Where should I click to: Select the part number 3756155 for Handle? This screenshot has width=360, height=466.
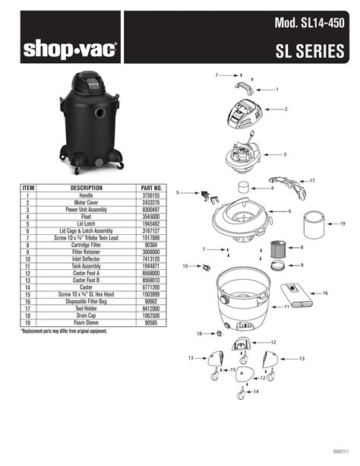click(x=152, y=195)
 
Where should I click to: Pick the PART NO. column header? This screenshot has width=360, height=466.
click(x=152, y=187)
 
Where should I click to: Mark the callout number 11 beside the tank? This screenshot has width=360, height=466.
click(x=286, y=307)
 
